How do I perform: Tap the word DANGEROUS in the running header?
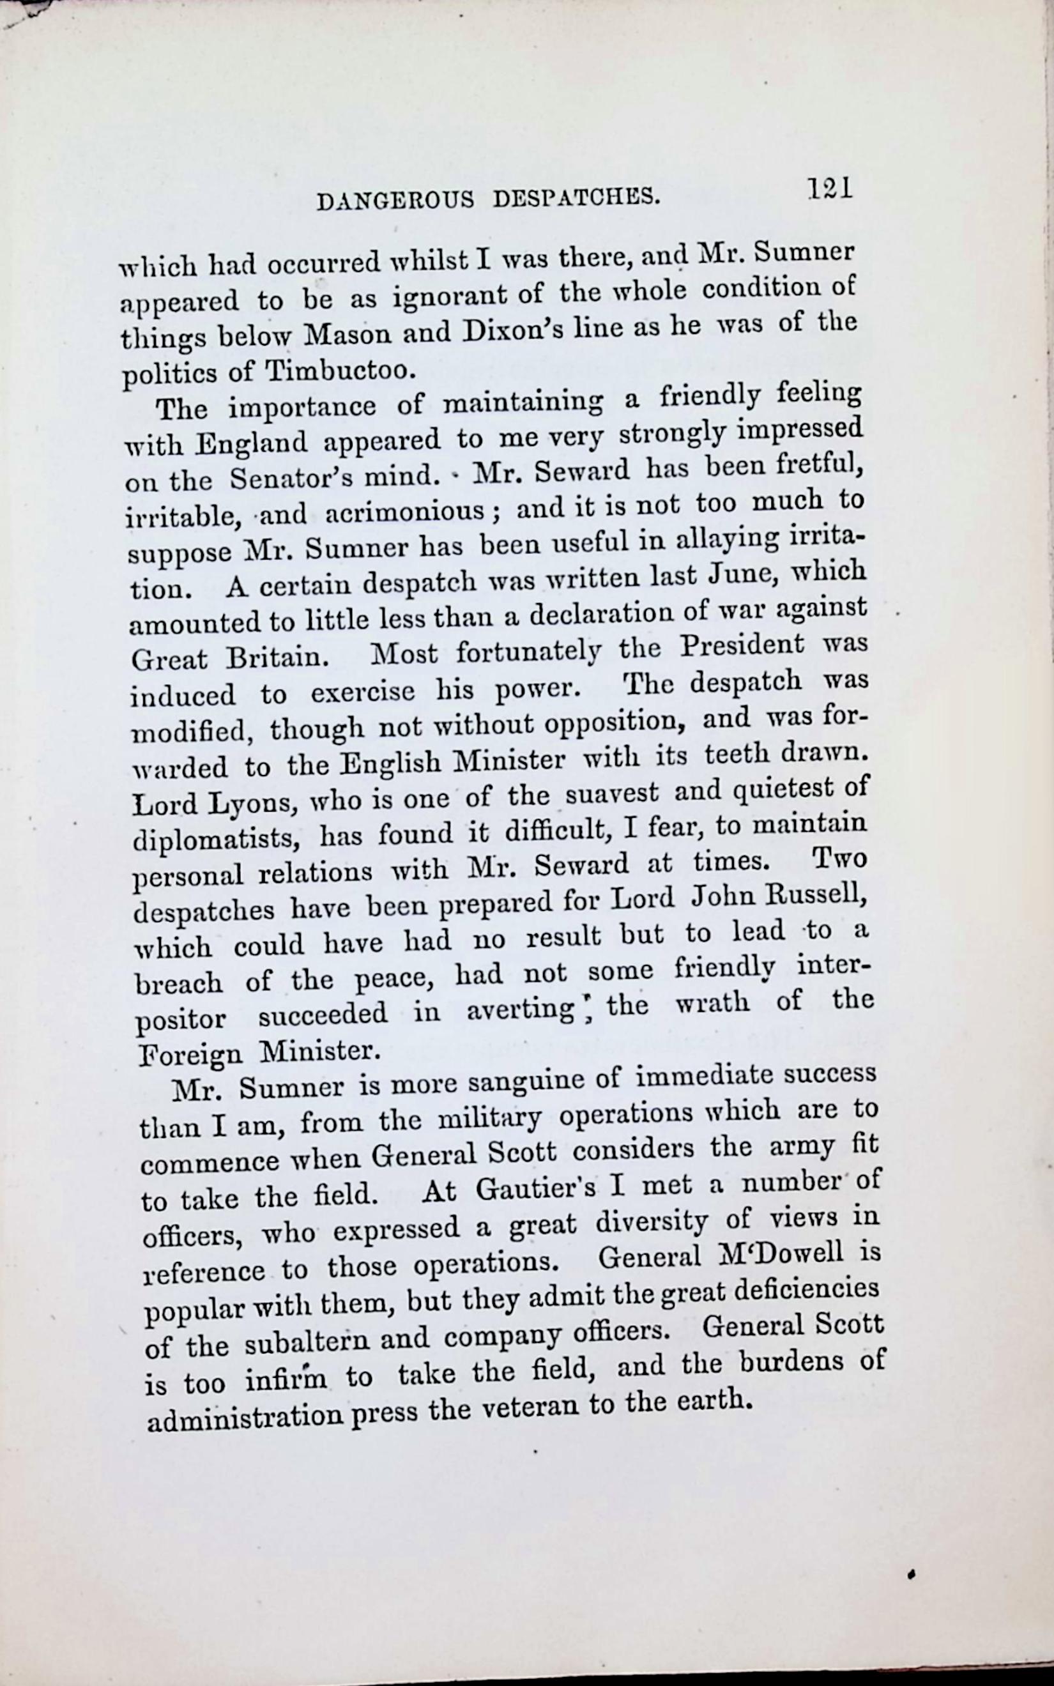[x=395, y=201]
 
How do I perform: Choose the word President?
[x=742, y=645]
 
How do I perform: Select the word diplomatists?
[x=217, y=840]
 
